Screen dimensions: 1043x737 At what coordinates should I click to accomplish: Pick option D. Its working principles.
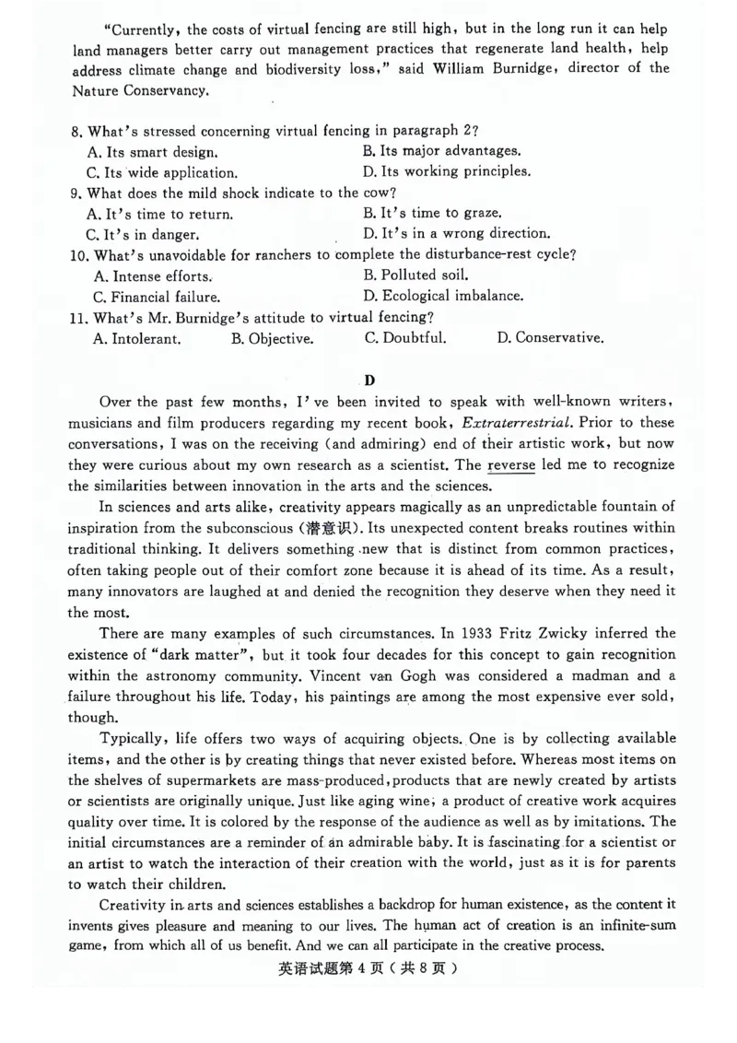coord(447,171)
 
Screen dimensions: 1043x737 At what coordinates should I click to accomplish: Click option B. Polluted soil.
coord(416,275)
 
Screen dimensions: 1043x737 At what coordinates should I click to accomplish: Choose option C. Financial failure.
coord(157,297)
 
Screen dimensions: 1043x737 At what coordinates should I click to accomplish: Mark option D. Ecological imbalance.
coord(443,296)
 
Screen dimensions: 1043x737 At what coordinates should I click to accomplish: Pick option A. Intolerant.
coord(137,338)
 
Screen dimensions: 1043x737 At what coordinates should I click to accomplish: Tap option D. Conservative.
coord(550,337)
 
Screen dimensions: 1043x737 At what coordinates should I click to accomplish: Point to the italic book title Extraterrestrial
coord(516,423)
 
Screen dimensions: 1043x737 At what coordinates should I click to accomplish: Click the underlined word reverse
coord(511,465)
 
